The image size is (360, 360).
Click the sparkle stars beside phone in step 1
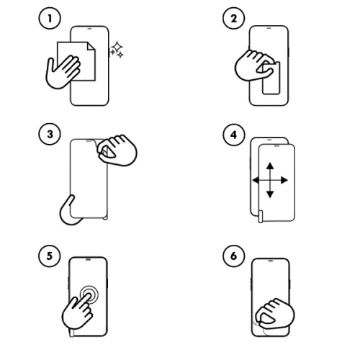[x=116, y=50]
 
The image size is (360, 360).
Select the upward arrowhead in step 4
[x=268, y=164]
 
